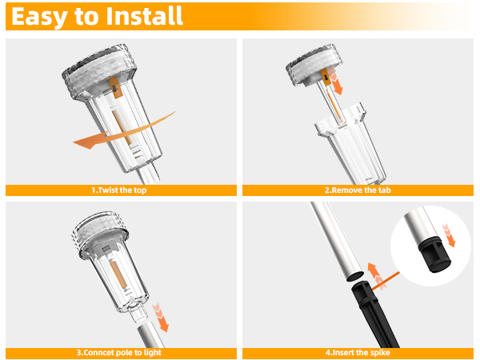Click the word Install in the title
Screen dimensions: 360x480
[143, 16]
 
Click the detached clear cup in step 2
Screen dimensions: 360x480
[346, 148]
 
